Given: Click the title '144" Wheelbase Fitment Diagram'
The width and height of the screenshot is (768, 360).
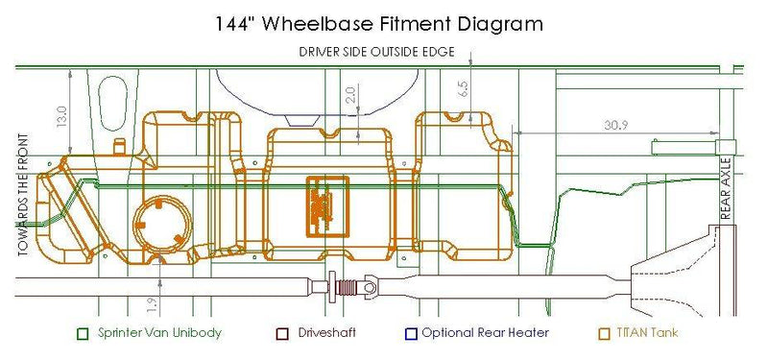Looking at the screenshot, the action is (x=379, y=24).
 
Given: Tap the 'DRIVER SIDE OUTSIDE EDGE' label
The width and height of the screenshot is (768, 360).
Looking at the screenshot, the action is (x=376, y=52).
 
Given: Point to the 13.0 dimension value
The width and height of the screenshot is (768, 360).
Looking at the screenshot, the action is (x=61, y=116).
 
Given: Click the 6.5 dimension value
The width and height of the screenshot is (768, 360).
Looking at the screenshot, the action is (x=464, y=88).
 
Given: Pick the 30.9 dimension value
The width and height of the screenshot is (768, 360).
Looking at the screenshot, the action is (x=615, y=126).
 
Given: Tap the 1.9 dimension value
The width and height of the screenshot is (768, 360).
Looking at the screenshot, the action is (x=153, y=305).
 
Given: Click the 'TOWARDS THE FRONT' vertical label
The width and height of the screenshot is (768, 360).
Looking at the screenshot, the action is (x=23, y=195).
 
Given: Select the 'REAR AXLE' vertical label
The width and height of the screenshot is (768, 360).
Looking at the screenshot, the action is (x=726, y=188).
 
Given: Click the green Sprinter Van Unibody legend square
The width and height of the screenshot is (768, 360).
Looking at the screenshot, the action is (x=84, y=334).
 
